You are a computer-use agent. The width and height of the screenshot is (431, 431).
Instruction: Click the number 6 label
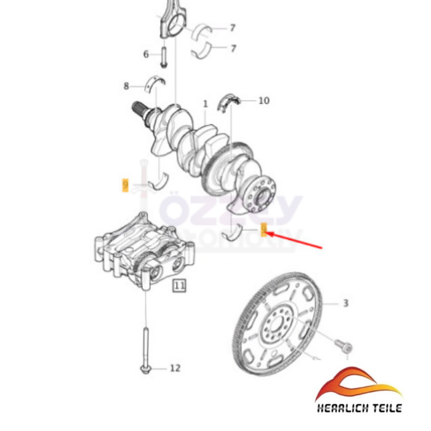147,54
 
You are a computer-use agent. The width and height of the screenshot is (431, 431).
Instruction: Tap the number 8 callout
126,86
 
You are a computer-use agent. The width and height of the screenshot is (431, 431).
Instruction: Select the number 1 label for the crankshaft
205,105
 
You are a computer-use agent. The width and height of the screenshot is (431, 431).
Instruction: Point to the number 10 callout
264,100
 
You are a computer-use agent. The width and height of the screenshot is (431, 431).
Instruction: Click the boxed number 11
179,286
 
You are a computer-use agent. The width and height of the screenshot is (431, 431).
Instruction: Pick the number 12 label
175,368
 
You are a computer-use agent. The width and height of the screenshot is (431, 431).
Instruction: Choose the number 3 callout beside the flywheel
345,303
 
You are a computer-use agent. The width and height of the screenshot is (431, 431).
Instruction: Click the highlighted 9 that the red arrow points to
264,230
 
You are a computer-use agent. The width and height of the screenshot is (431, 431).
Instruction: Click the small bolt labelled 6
164,57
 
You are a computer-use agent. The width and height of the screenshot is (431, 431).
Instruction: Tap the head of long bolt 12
144,369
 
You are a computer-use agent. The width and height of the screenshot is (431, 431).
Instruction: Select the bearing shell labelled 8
155,81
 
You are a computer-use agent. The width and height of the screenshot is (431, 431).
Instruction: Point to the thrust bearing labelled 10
230,100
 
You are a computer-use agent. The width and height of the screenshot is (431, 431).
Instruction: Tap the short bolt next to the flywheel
344,346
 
